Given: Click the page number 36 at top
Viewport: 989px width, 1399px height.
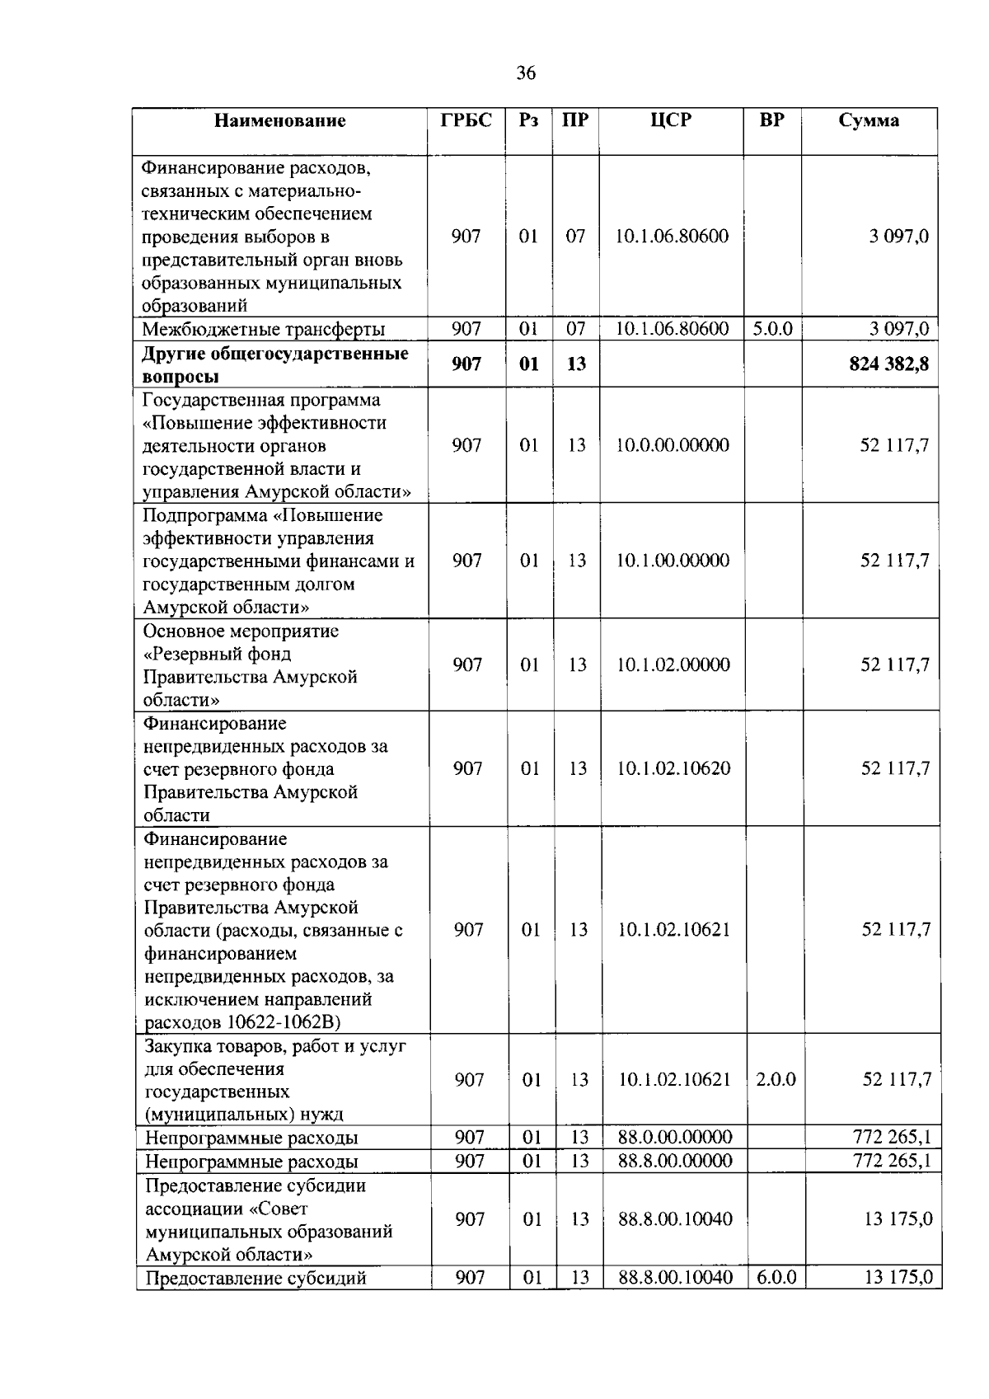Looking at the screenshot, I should (x=526, y=73).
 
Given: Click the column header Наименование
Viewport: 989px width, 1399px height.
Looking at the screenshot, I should (x=279, y=121).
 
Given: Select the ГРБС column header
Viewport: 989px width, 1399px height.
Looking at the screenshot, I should (x=466, y=120).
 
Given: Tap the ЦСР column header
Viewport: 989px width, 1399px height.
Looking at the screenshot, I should (x=671, y=120).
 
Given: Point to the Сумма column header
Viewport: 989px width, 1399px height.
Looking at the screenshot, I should (x=869, y=120).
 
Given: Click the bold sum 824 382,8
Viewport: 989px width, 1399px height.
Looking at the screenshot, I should (x=888, y=364).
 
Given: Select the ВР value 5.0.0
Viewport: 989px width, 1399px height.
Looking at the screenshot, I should (x=772, y=329).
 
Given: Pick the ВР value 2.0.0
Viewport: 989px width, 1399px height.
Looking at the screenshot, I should (x=776, y=1079).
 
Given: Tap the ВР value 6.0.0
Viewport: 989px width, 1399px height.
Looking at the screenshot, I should (x=776, y=1278).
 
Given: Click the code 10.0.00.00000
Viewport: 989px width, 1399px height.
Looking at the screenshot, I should (x=673, y=445).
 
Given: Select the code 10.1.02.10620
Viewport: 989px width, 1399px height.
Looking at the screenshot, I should (x=673, y=768).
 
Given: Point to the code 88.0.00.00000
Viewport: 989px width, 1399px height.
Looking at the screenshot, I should (x=675, y=1138).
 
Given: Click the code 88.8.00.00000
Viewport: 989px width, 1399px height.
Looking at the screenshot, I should (x=675, y=1161).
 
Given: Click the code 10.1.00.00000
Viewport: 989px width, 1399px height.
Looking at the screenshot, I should (x=673, y=561).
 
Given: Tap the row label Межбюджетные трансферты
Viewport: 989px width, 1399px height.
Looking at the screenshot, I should (x=263, y=330).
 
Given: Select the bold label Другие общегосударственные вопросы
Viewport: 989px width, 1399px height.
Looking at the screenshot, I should (x=274, y=364).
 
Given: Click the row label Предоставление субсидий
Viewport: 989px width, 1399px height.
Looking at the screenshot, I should (x=255, y=1279).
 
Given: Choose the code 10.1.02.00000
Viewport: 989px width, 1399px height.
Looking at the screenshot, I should (x=673, y=664).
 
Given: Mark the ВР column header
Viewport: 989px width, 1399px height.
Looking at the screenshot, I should (x=771, y=120).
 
